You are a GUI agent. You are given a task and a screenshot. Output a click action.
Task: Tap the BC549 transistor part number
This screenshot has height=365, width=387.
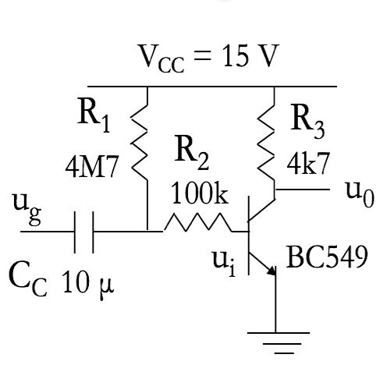[326, 258]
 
